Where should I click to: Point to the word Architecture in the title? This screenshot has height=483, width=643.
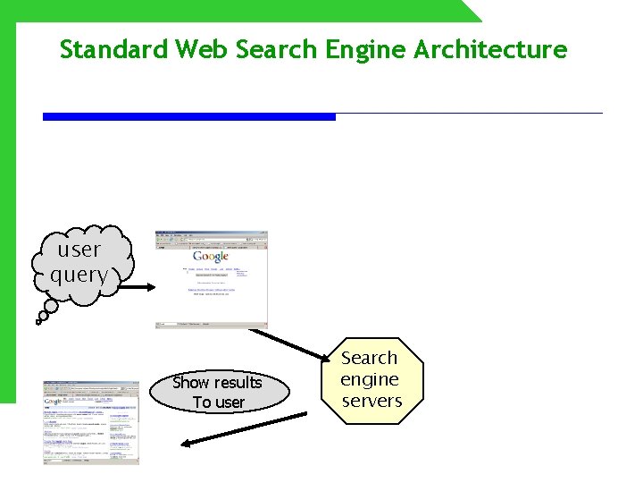pyautogui.click(x=490, y=49)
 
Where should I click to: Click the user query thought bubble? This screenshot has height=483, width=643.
pyautogui.click(x=80, y=263)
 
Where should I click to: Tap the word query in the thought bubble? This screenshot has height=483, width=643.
pyautogui.click(x=79, y=275)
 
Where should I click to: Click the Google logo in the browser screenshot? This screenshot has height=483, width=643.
pyautogui.click(x=211, y=258)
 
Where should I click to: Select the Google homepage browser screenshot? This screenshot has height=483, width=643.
pyautogui.click(x=212, y=278)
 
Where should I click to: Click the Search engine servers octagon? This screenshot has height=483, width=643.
pyautogui.click(x=372, y=379)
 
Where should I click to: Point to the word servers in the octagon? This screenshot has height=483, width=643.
pyautogui.click(x=372, y=401)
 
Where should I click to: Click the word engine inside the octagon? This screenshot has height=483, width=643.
pyautogui.click(x=370, y=379)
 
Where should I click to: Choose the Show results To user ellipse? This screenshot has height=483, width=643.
pyautogui.click(x=220, y=392)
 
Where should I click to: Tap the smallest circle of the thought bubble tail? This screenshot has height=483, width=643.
pyautogui.click(x=38, y=319)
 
